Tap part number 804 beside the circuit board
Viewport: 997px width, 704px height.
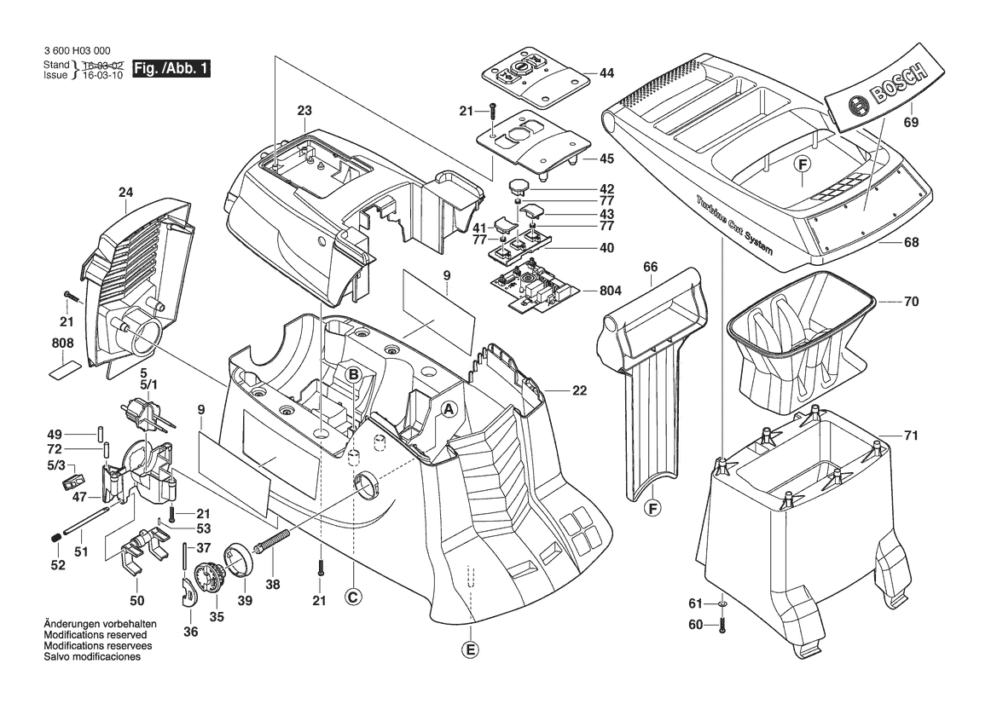(x=610, y=291)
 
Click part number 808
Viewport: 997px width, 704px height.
(x=62, y=343)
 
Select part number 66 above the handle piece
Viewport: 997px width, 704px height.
(x=650, y=267)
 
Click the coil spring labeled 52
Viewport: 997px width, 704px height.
(x=54, y=537)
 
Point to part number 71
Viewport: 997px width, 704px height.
(x=911, y=436)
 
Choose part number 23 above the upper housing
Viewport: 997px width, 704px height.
(x=304, y=110)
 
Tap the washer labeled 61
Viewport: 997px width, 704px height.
(x=722, y=604)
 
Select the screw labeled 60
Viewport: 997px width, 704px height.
(x=722, y=625)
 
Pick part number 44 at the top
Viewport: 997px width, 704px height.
(x=606, y=73)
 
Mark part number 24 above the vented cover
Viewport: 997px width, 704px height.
(x=126, y=193)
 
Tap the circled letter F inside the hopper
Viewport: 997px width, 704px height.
(x=802, y=165)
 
